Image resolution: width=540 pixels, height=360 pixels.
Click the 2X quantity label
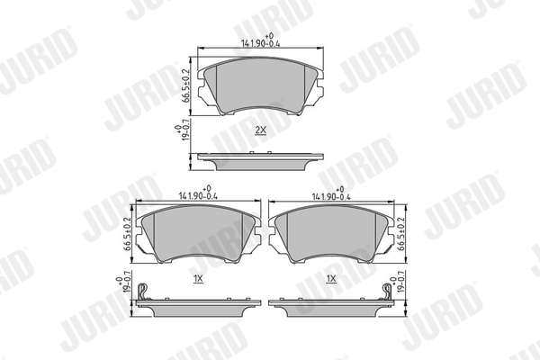point(261,130)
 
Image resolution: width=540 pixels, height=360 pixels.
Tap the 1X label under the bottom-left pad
point(198,280)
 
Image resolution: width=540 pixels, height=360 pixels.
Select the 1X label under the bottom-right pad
point(331,280)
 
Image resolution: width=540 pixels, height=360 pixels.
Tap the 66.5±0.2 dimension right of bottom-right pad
point(402,231)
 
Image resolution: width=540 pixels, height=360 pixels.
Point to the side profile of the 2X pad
point(261,160)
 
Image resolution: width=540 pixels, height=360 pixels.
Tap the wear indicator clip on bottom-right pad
point(385,292)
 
